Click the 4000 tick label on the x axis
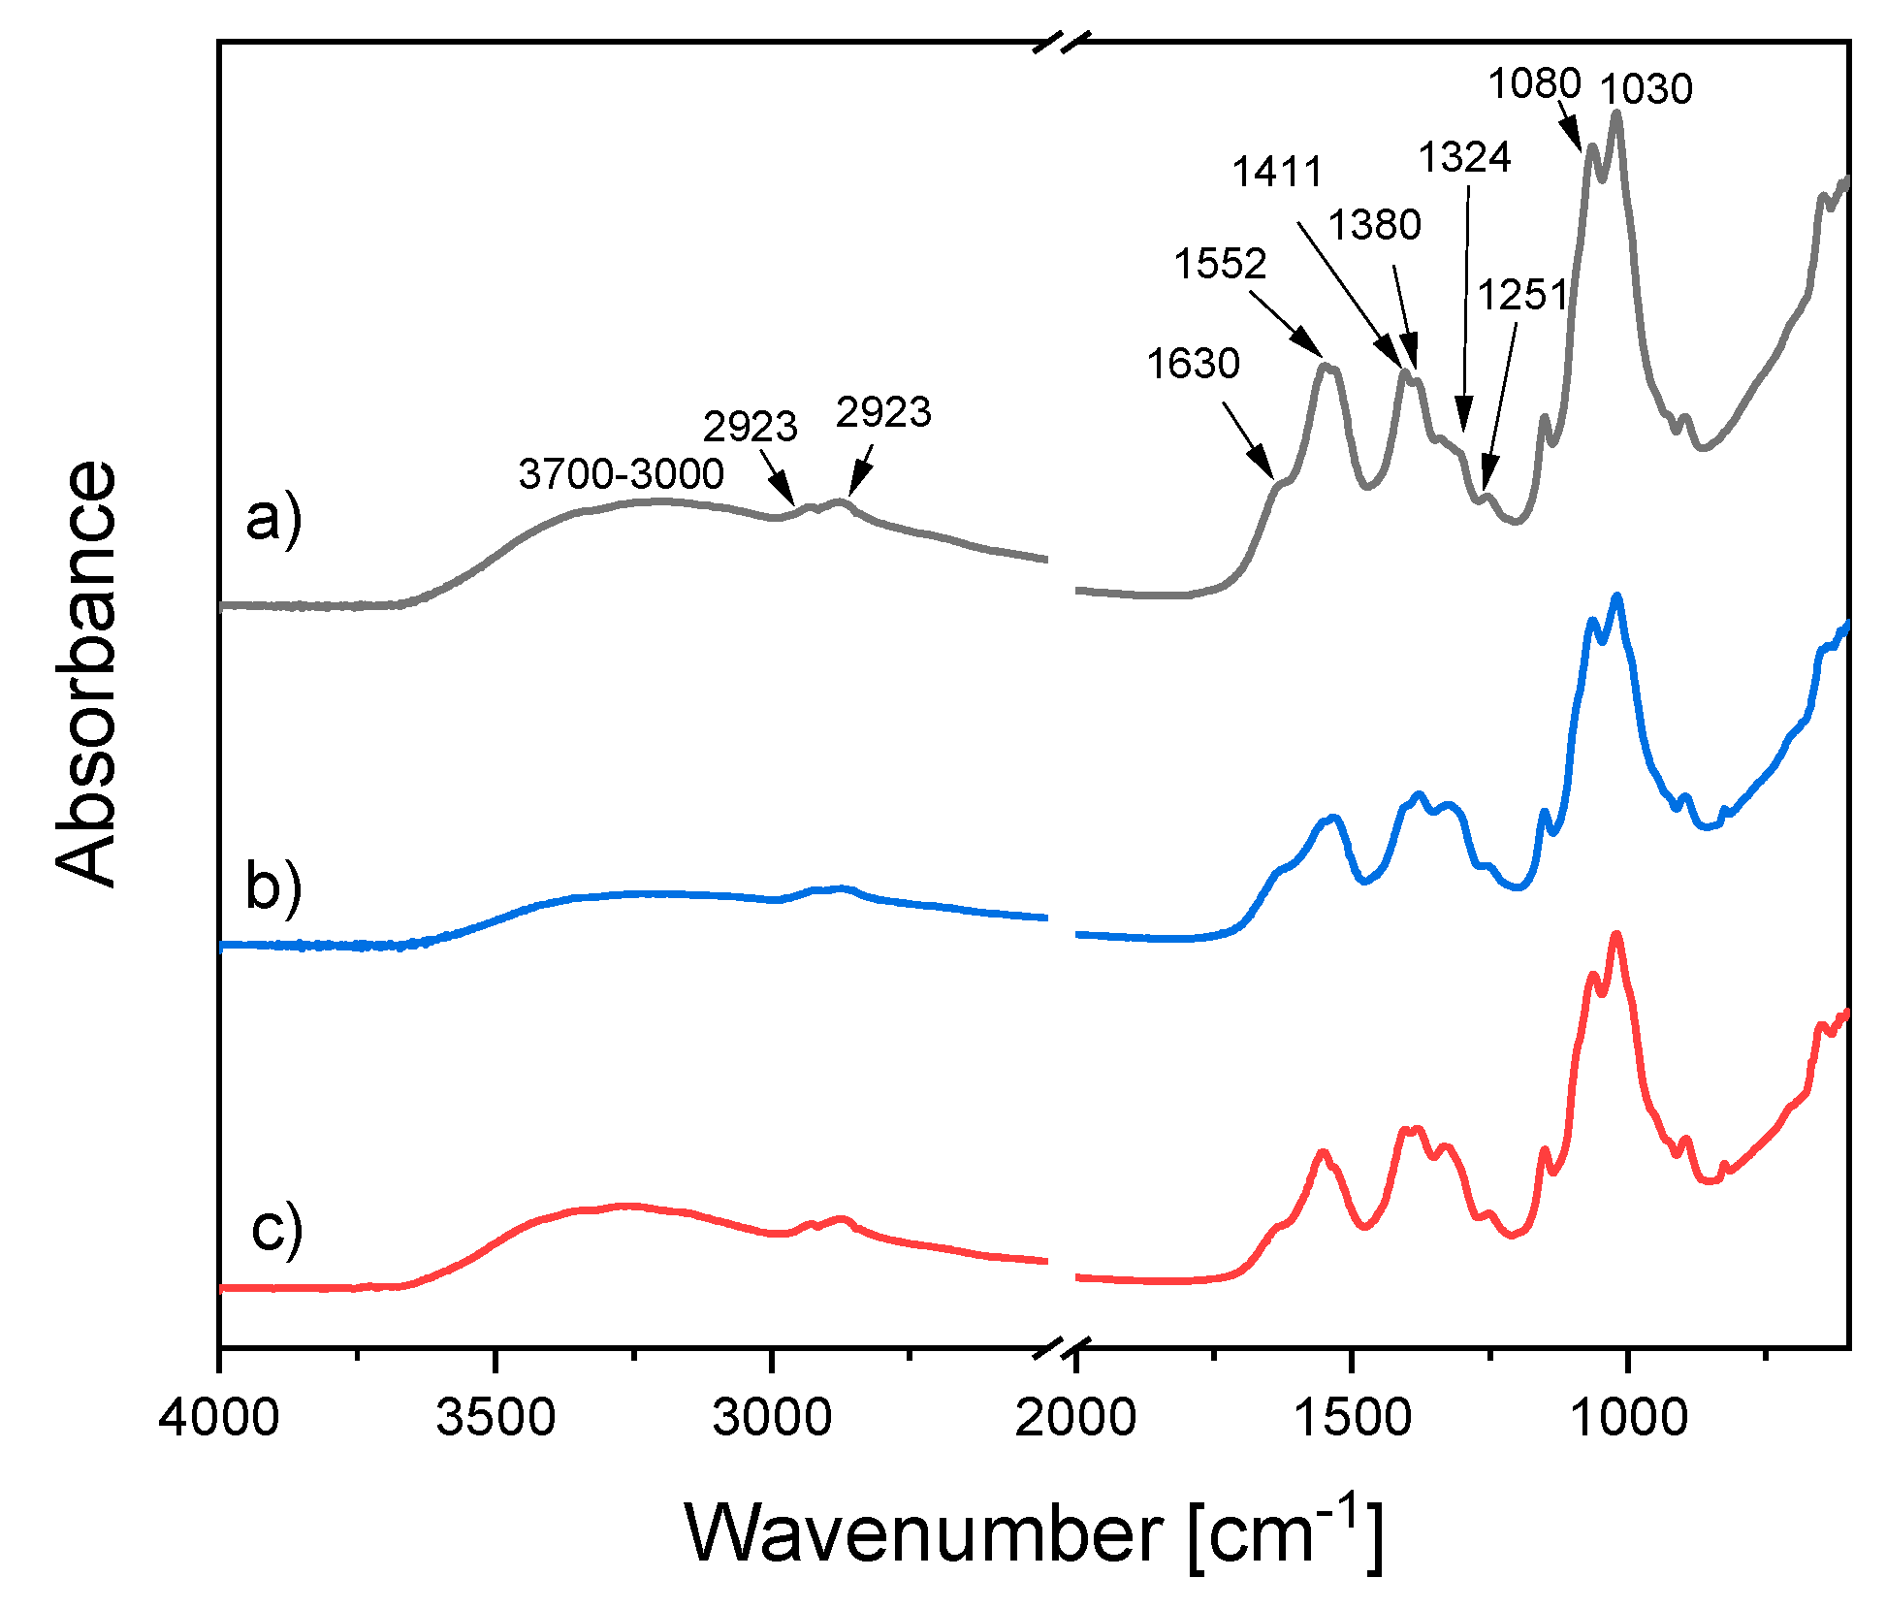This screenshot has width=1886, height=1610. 220,1417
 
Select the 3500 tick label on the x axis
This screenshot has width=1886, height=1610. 495,1417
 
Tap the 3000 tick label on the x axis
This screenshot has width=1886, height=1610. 772,1417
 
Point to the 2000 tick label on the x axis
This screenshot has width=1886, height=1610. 1075,1417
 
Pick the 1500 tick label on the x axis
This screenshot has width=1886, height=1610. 1352,1417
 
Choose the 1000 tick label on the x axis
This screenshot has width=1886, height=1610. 1628,1417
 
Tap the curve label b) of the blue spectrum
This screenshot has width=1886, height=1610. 273,886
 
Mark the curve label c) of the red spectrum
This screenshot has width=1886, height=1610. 276,1228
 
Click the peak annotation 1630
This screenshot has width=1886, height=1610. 1193,364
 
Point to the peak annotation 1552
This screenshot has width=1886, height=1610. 1220,264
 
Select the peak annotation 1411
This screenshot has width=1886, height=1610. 1277,173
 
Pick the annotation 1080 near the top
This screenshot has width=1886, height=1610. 1534,84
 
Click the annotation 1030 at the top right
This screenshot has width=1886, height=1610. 1646,89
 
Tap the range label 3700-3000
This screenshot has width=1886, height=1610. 621,473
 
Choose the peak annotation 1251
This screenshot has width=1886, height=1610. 1522,295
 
